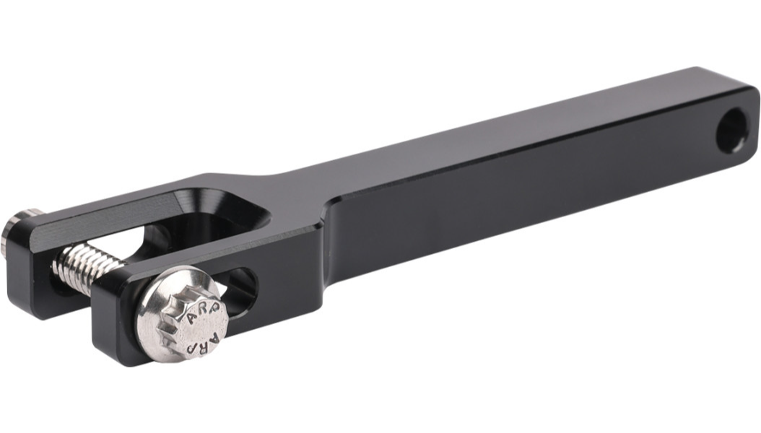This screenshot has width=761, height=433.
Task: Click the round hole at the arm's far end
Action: point(732,131)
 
